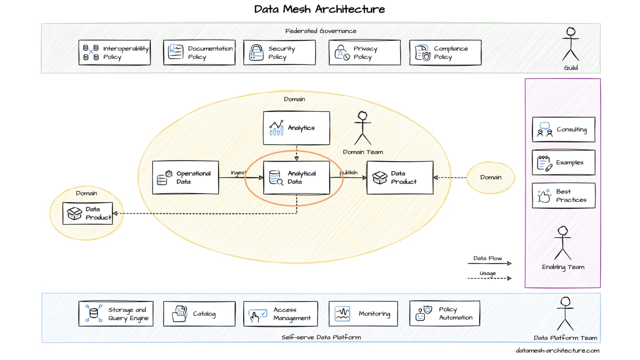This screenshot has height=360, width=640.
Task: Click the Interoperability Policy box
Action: (114, 52)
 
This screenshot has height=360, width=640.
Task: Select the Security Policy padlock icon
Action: (256, 53)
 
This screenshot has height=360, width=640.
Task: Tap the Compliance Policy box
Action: (445, 52)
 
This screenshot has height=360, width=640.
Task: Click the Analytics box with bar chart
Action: (296, 128)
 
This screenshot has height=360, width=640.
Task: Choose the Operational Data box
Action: (186, 178)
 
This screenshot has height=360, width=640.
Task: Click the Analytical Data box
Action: (296, 178)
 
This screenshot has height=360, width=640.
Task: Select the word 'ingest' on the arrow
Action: (238, 172)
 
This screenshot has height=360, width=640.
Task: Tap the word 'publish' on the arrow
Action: (349, 172)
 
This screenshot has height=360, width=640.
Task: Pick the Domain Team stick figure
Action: (363, 128)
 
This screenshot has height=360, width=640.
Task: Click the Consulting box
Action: (563, 130)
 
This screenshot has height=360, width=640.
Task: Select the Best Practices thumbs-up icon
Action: (544, 196)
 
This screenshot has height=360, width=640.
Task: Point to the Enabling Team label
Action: (563, 267)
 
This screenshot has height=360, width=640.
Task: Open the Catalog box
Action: (199, 314)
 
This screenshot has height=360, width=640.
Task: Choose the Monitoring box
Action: (363, 314)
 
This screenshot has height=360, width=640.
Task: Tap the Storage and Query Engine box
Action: (116, 314)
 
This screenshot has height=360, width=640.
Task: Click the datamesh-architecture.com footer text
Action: (558, 350)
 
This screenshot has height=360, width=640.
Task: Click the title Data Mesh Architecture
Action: (320, 9)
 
